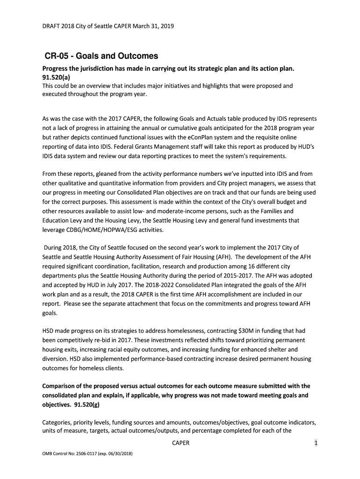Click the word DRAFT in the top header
(52, 27)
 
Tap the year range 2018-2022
(162, 285)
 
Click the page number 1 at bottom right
(316, 443)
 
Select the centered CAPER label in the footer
(180, 443)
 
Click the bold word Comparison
(61, 386)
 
